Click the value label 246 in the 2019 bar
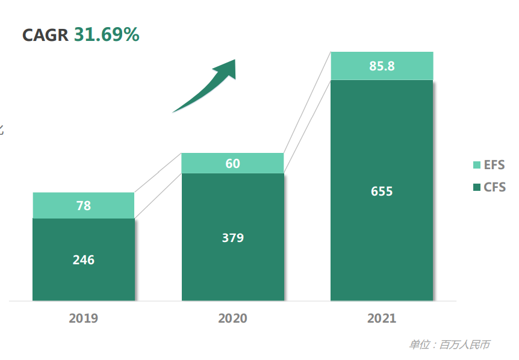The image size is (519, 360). click(x=84, y=260)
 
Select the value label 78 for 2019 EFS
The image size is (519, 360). click(x=84, y=205)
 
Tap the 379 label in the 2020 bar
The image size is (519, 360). click(x=232, y=238)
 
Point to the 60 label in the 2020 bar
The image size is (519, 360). click(x=232, y=163)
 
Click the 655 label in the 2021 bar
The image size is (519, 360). click(x=382, y=191)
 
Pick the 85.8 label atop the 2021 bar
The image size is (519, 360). click(x=382, y=66)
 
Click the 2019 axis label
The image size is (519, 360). click(x=84, y=318)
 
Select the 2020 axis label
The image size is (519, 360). click(x=232, y=318)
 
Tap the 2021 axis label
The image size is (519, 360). click(x=382, y=318)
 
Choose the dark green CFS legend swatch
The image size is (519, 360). click(x=477, y=187)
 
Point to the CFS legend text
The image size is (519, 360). click(x=494, y=187)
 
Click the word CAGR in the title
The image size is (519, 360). click(x=45, y=35)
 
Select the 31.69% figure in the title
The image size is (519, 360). click(x=107, y=35)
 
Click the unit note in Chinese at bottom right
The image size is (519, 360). click(x=449, y=345)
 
